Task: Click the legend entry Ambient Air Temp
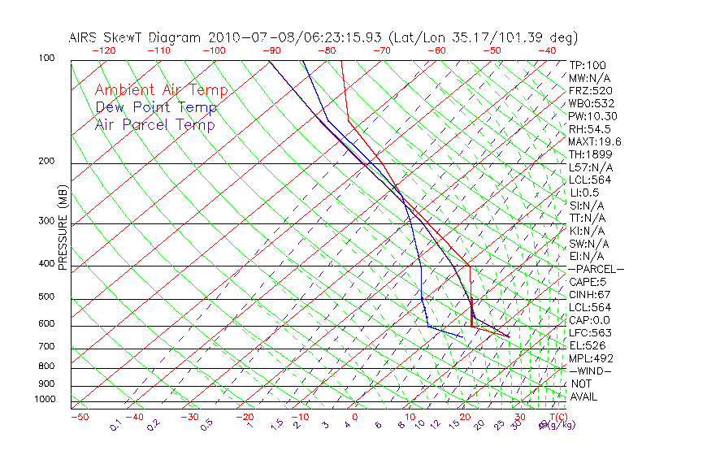(161, 91)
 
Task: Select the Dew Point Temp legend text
(156, 108)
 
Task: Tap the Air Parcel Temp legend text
(154, 125)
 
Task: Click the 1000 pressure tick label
(46, 400)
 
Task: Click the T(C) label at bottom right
(557, 418)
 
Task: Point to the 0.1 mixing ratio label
(116, 425)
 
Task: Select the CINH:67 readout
(590, 295)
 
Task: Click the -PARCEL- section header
(596, 269)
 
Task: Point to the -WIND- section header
(590, 370)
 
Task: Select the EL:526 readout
(585, 345)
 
